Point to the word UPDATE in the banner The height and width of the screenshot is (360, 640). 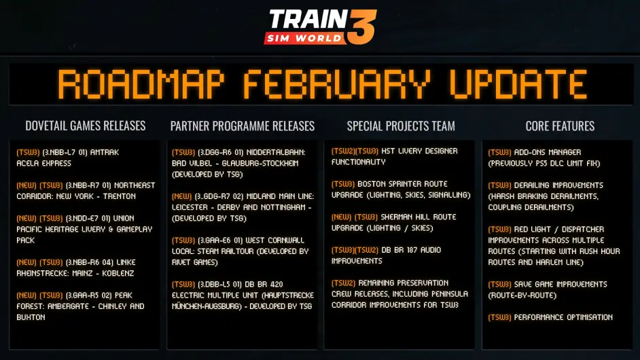(x=518, y=85)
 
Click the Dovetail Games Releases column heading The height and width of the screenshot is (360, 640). (x=86, y=126)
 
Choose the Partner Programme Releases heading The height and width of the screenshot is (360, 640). (x=243, y=126)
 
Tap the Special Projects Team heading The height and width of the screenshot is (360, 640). (x=401, y=126)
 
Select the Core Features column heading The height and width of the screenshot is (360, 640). (x=560, y=126)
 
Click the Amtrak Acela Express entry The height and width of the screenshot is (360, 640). (x=68, y=158)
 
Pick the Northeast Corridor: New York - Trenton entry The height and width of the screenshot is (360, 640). (x=86, y=191)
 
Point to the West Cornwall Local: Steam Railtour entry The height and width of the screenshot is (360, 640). (x=240, y=251)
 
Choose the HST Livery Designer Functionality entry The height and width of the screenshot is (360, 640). (x=395, y=156)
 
